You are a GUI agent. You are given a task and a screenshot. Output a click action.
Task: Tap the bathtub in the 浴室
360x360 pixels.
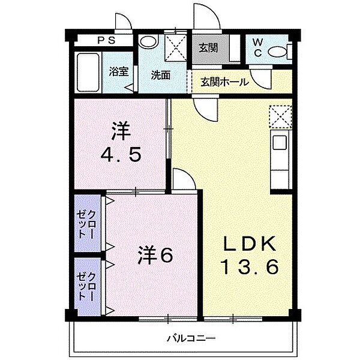(88, 73)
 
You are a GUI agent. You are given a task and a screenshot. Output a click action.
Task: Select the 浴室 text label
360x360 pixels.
(118, 71)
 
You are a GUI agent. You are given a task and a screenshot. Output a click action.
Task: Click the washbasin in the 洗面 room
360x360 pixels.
(148, 41)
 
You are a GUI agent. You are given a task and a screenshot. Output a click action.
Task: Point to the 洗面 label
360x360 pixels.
(161, 75)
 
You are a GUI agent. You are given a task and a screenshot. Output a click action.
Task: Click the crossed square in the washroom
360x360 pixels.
(176, 48)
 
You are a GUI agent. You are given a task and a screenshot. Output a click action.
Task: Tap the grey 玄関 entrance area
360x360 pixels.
(211, 49)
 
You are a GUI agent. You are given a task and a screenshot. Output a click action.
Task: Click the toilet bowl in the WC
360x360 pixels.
(278, 52)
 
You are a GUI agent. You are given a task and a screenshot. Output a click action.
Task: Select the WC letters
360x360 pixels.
(258, 47)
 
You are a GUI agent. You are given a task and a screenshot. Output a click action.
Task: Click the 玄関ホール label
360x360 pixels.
(224, 82)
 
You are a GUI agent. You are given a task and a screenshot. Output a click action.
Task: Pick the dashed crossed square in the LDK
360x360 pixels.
(281, 116)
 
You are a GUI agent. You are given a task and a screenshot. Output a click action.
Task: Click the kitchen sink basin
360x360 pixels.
(280, 143)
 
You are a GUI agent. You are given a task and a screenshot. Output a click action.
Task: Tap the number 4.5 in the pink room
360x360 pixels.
(121, 155)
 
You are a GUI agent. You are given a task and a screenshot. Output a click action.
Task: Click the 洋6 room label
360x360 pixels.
(155, 255)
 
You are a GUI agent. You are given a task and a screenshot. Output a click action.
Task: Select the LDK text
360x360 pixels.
(250, 244)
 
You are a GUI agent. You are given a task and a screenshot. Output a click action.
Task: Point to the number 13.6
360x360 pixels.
(250, 267)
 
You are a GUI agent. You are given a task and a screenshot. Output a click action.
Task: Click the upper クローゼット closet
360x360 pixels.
(87, 223)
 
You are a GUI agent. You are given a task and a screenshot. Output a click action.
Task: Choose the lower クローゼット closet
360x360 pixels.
(87, 286)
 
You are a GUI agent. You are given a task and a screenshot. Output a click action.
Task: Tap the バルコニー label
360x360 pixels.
(191, 338)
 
